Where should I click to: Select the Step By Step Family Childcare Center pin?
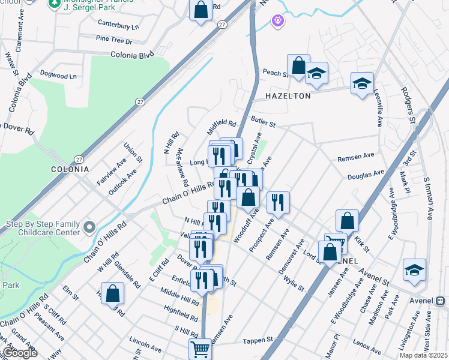[x=89, y=227]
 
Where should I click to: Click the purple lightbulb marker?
[x=277, y=22]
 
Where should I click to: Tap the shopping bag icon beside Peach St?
[x=298, y=66]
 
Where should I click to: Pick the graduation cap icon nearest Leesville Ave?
[x=363, y=84]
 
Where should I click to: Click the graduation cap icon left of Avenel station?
[x=414, y=270]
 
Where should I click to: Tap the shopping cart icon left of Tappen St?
[x=200, y=349]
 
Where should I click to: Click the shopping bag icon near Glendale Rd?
[x=112, y=293]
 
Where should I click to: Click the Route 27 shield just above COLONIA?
[x=79, y=160]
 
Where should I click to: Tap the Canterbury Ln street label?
[x=118, y=26]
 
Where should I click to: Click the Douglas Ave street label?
[x=366, y=173]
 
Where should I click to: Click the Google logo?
[x=20, y=353]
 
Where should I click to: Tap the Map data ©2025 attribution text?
[x=423, y=355]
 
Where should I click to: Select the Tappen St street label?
[x=258, y=341]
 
